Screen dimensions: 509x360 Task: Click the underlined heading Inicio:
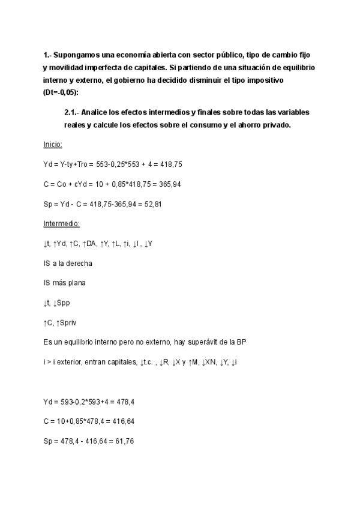53,145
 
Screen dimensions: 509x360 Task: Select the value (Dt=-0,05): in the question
61,92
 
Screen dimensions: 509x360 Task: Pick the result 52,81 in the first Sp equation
150,204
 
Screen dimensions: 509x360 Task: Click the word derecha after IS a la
80,264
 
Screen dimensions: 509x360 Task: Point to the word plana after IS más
79,283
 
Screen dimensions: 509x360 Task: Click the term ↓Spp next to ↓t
67,303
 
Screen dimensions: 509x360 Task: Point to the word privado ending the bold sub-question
275,125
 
